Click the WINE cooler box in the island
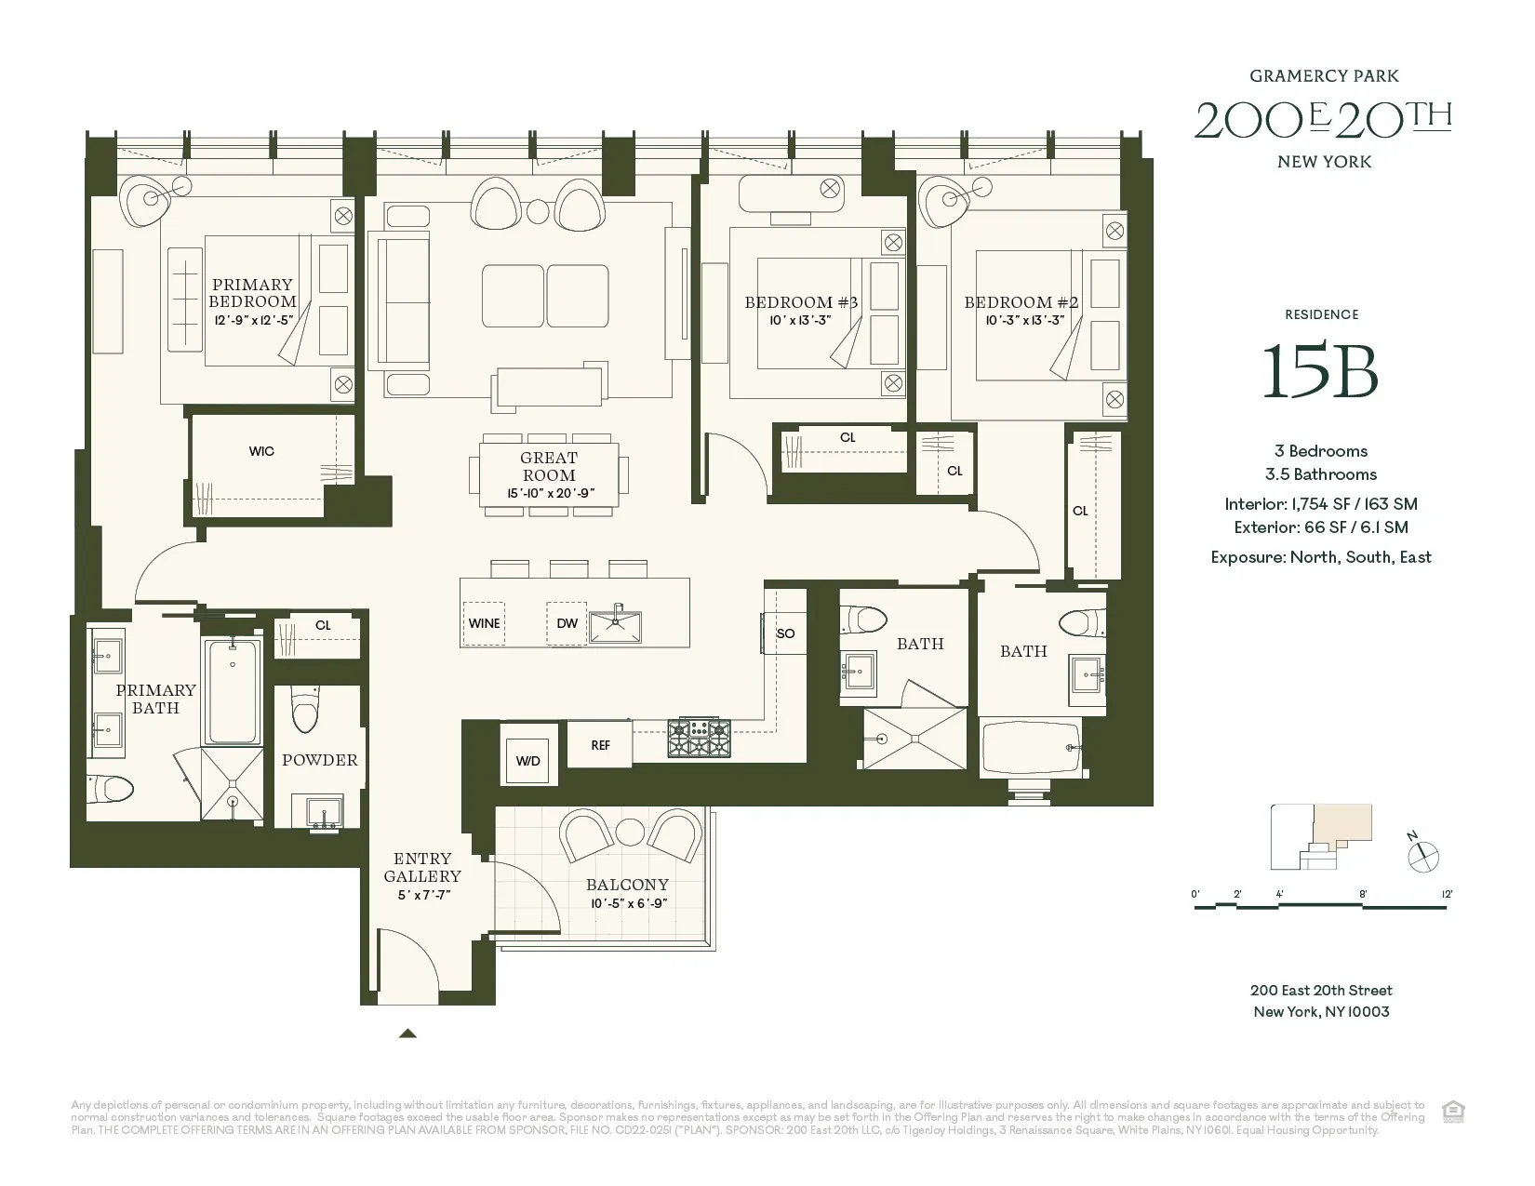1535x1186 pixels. (x=484, y=623)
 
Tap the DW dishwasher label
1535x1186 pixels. (x=567, y=623)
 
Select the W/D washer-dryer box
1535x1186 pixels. (x=527, y=760)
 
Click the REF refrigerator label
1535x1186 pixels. (x=600, y=745)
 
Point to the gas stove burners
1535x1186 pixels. (x=699, y=740)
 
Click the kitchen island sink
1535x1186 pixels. (x=617, y=623)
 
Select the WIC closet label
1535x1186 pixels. (x=261, y=451)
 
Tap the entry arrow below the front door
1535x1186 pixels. (x=407, y=1033)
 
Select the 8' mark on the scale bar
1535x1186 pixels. (x=1363, y=894)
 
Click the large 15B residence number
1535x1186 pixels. (x=1320, y=371)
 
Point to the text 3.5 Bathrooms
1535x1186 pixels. (x=1320, y=474)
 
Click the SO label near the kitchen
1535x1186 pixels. (x=785, y=633)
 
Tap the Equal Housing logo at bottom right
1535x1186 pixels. (x=1451, y=1111)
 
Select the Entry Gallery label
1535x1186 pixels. (x=422, y=867)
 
